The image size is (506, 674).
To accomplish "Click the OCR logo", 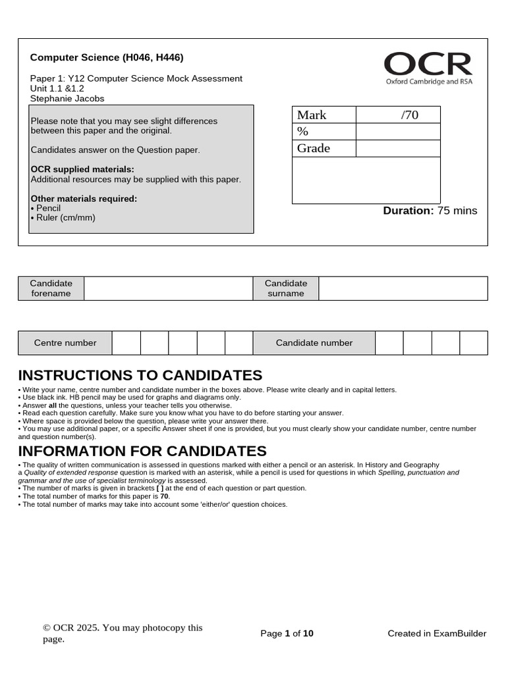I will pos(428,68).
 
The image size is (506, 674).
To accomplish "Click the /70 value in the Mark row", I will pos(409,115).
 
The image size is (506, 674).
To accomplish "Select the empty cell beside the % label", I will pos(397,132).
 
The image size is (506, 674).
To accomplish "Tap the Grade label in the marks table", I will pos(314,148).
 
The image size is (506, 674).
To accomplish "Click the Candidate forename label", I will pos(51,288).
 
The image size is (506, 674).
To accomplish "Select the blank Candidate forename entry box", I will pos(169,288).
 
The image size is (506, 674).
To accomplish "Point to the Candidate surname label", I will pos(286,288).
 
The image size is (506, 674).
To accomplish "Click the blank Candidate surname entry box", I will pos(403,288).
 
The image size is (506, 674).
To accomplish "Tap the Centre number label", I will pos(65,343).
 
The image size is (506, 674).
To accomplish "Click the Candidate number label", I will pos(314,343).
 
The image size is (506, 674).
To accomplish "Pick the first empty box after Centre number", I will pos(126,343).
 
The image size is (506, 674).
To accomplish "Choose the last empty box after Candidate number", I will pos(474,343).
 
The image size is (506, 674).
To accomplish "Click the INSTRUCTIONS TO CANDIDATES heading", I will pos(140,376).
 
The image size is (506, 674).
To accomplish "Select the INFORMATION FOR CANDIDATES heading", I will pos(142,452).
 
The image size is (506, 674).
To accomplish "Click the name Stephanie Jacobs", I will pos(67,99).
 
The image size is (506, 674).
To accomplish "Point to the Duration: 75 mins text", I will pos(430,211).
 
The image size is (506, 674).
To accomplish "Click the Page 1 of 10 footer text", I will pos(287,634).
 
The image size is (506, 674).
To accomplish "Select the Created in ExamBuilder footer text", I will pos(437,634).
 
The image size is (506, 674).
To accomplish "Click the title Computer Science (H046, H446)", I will pos(107,58).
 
